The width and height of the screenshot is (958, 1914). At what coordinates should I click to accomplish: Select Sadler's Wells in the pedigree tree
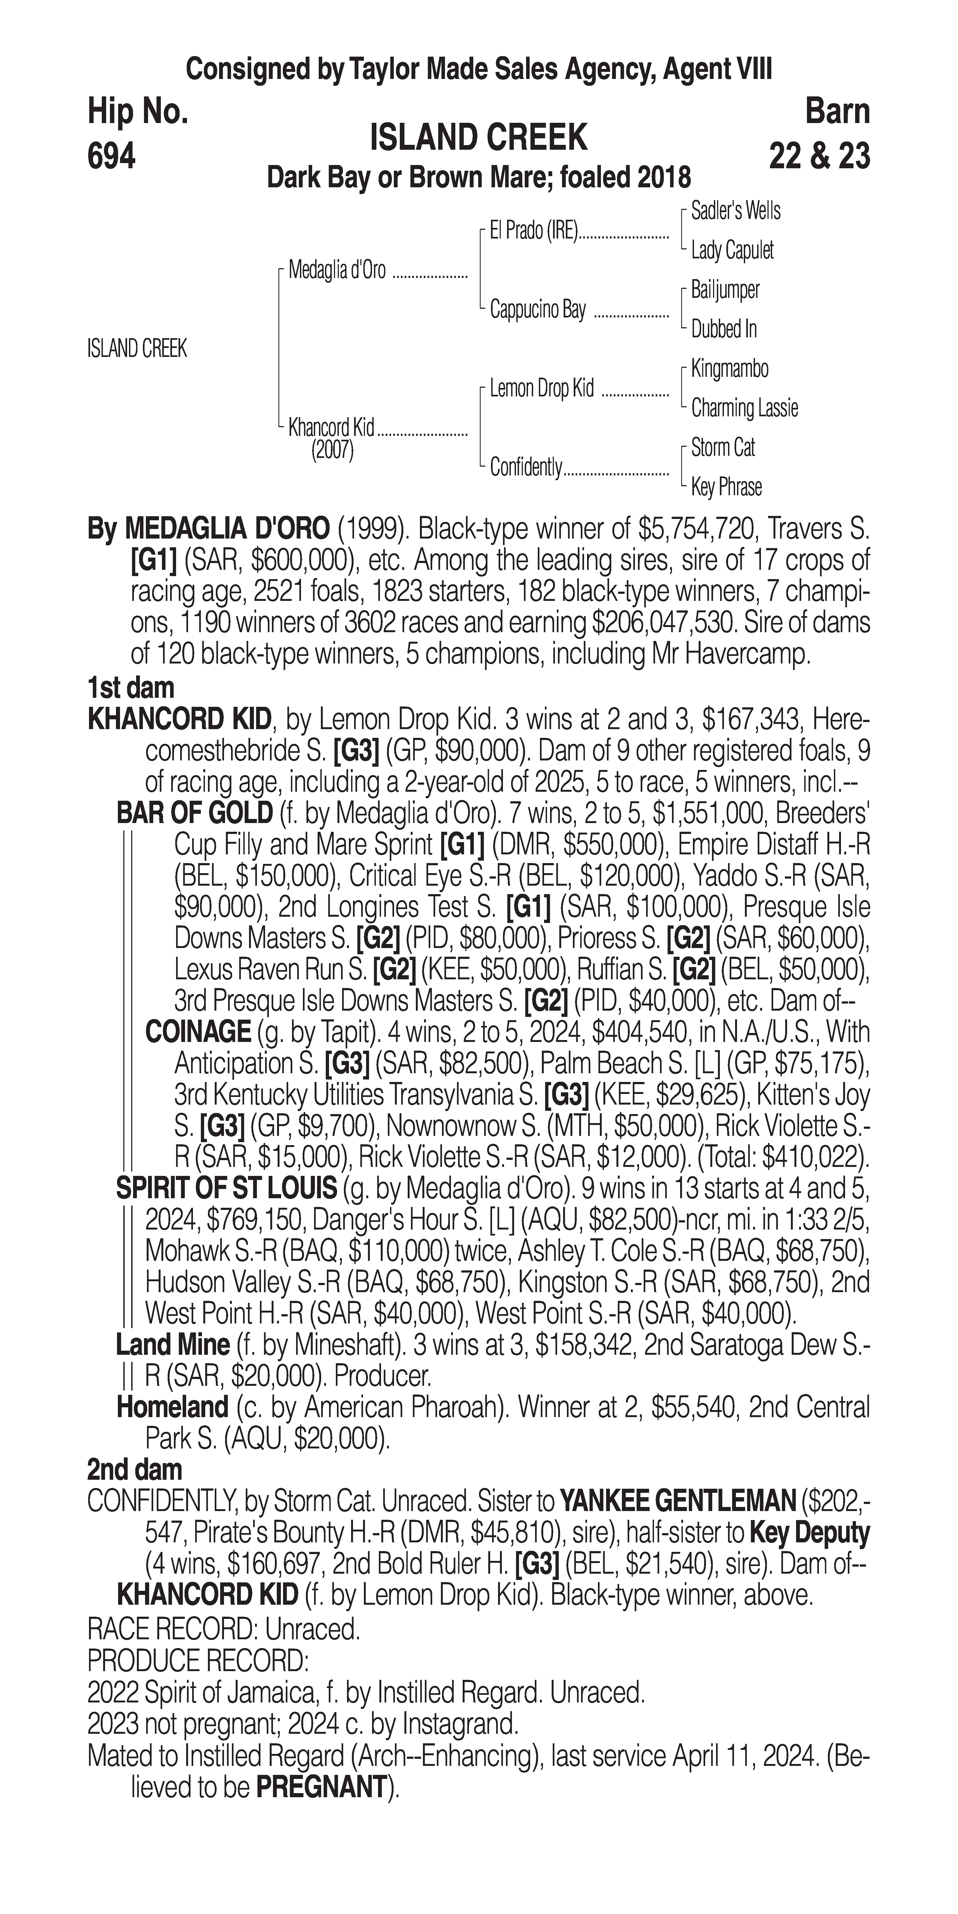(735, 211)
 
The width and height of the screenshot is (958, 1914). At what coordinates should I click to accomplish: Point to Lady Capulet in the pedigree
(732, 250)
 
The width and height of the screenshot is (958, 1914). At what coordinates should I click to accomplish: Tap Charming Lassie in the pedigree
(744, 408)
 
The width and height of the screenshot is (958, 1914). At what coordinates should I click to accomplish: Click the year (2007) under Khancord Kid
(332, 450)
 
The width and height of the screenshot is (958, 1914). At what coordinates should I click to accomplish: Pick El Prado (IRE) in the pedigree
(533, 231)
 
